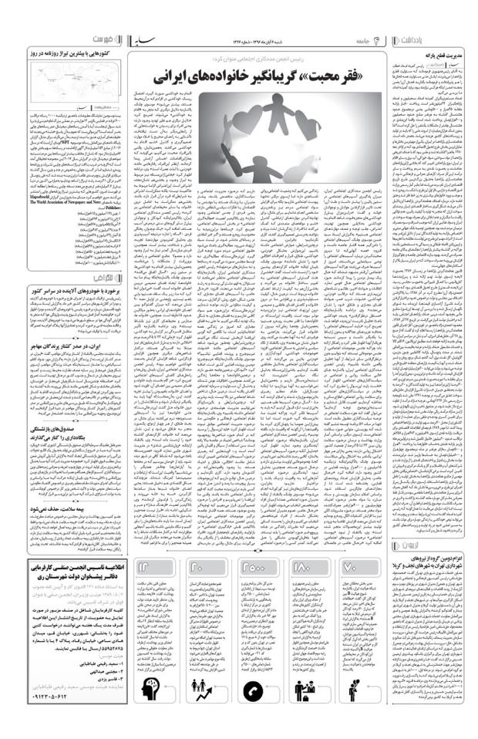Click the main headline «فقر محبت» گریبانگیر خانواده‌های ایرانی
pyautogui.click(x=247, y=76)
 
